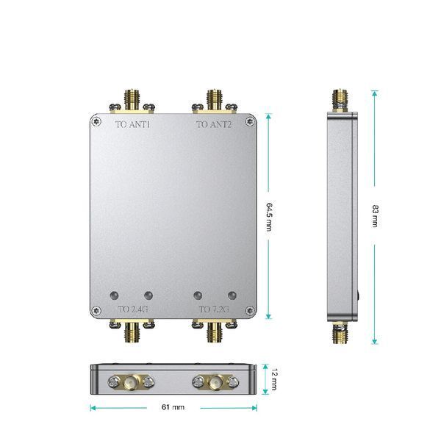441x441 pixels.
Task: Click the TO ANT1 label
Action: (133, 124)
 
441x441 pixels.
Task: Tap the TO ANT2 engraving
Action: (214, 124)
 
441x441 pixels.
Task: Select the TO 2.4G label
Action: (133, 309)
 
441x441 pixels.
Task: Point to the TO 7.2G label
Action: (214, 309)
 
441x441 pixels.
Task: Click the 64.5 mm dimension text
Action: (269, 217)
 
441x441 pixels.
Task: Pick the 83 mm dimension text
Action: (376, 215)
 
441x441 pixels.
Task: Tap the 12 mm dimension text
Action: (274, 379)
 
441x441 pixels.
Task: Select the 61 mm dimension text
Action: (173, 407)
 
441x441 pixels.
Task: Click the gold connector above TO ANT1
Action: (132, 100)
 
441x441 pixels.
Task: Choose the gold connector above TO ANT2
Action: (215, 100)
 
